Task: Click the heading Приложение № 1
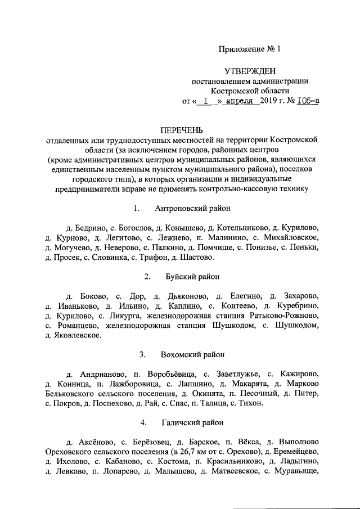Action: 249,49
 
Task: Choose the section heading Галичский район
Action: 193,422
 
